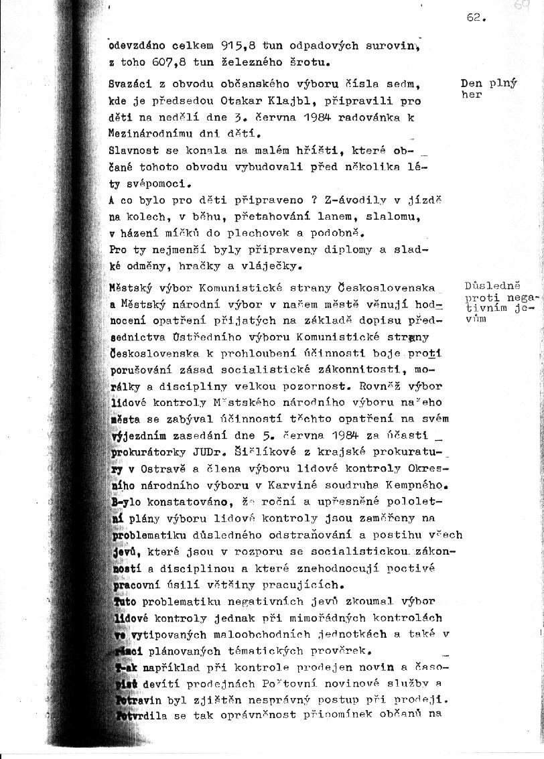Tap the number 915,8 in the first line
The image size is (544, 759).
click(x=239, y=47)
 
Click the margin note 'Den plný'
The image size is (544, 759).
click(x=489, y=84)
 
